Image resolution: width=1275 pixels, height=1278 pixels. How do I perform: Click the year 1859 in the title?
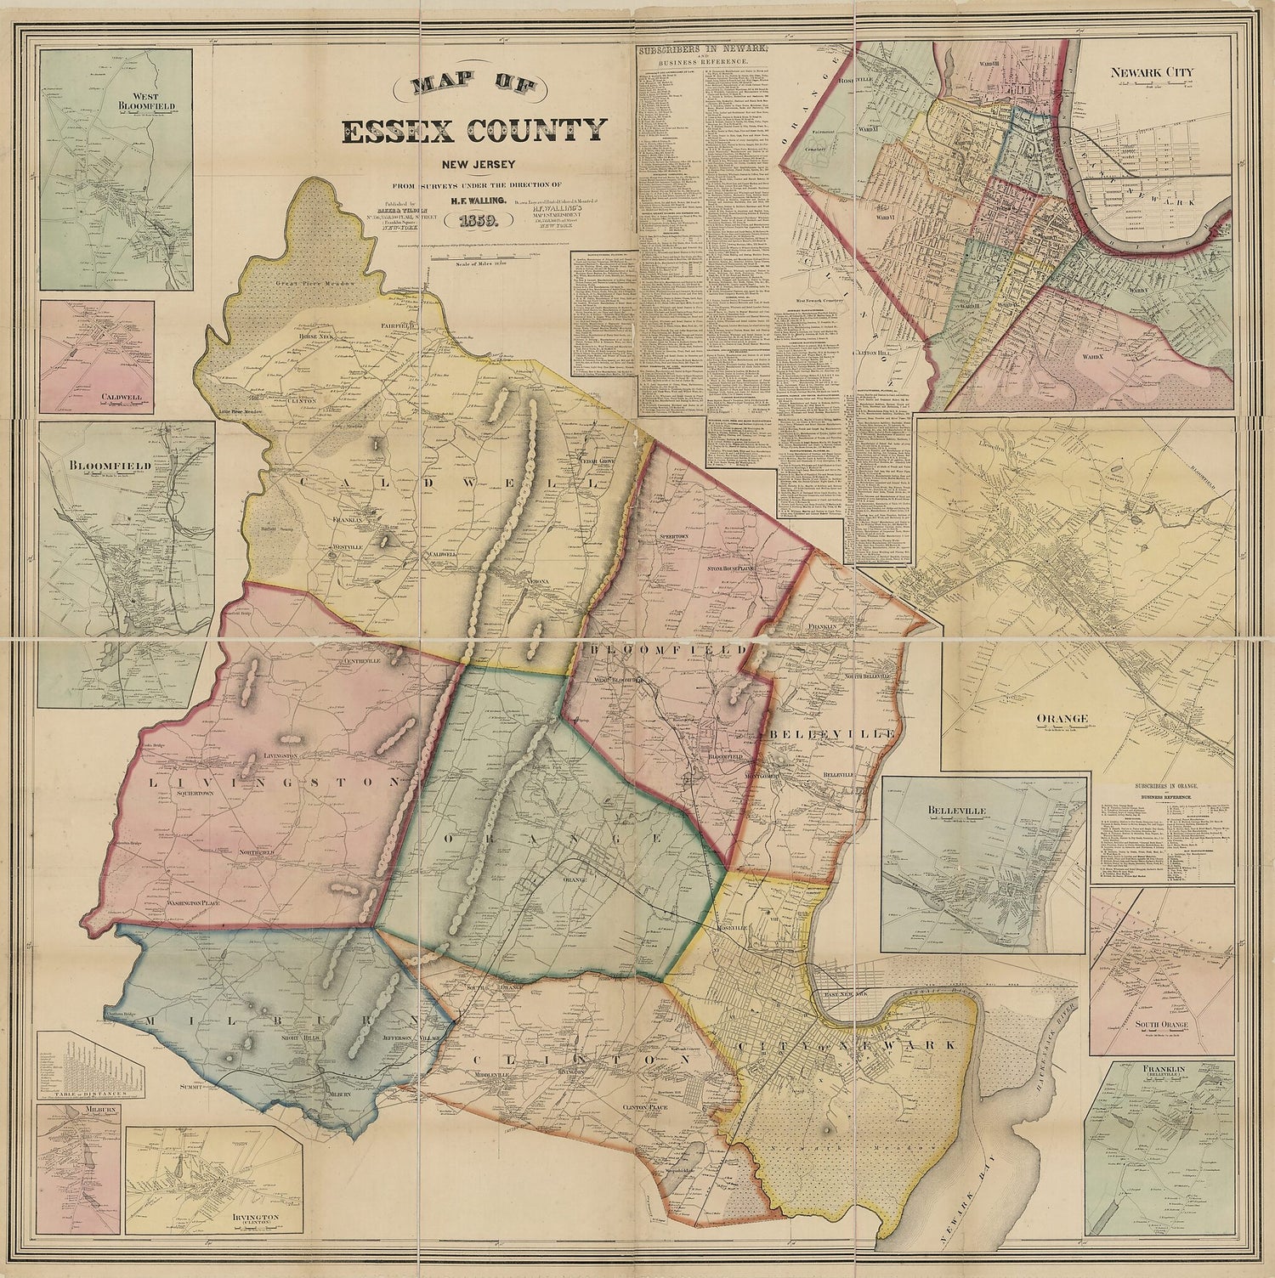482,223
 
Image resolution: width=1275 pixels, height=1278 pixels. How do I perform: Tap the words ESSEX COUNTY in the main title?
473,132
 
